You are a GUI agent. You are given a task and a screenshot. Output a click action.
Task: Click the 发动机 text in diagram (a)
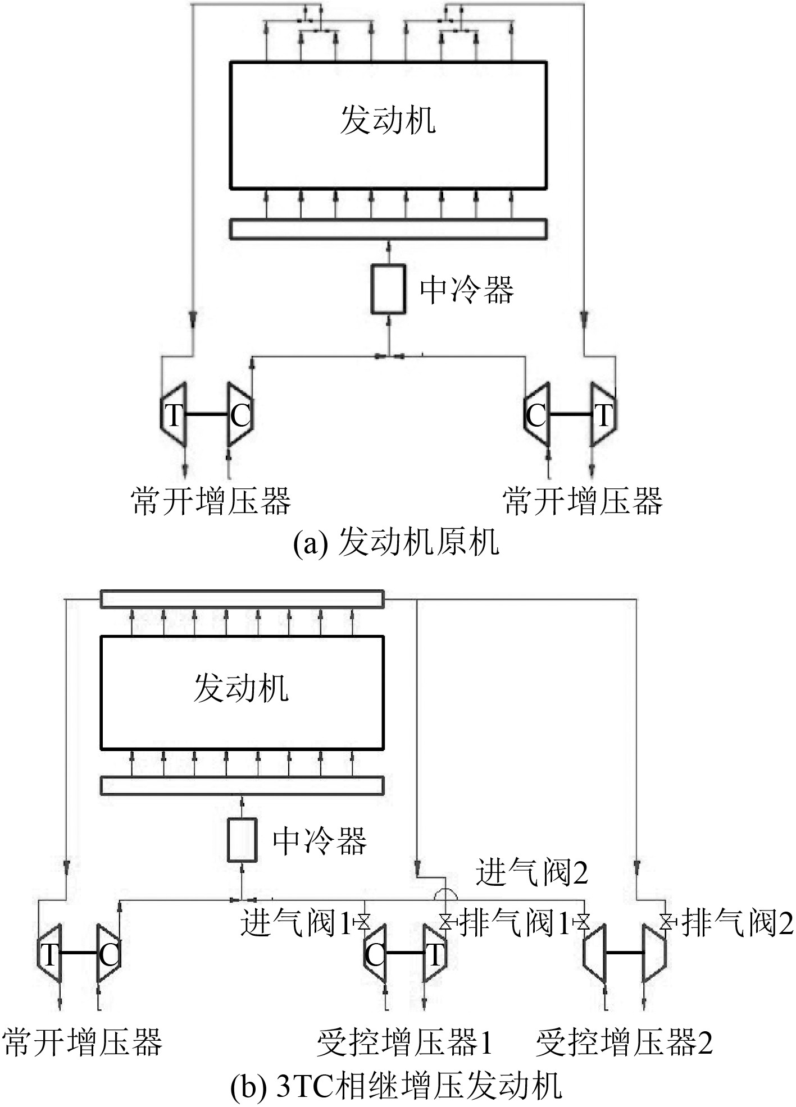coord(388,120)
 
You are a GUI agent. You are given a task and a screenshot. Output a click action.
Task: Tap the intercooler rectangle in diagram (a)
coord(388,289)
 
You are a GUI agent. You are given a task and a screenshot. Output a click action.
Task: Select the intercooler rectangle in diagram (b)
coord(242,840)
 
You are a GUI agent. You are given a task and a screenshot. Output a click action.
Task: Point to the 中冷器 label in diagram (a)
coord(467,290)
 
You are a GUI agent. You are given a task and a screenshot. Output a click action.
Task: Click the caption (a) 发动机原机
coord(396,543)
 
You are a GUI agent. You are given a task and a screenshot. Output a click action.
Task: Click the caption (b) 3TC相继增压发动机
coord(396,1086)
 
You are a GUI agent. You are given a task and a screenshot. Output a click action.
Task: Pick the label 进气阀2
coord(531,873)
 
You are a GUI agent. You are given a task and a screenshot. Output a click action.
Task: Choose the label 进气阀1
coord(296,922)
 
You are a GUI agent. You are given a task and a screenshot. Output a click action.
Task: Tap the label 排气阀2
coord(738,923)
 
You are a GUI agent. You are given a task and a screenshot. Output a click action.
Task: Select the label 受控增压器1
coord(404,1043)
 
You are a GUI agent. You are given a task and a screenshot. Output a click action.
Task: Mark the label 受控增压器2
coord(624,1043)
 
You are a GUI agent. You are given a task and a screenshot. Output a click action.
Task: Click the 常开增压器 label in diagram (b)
coord(83,1043)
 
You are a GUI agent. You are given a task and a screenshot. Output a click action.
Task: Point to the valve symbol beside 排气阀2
coord(667,922)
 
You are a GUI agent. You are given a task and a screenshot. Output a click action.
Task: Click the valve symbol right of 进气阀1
coord(363,922)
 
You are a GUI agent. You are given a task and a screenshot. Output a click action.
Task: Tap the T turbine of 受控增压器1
coord(435,954)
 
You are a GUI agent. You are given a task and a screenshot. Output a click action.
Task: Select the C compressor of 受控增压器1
coord(375,954)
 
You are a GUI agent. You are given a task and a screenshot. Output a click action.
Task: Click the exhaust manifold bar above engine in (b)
coord(242,599)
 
